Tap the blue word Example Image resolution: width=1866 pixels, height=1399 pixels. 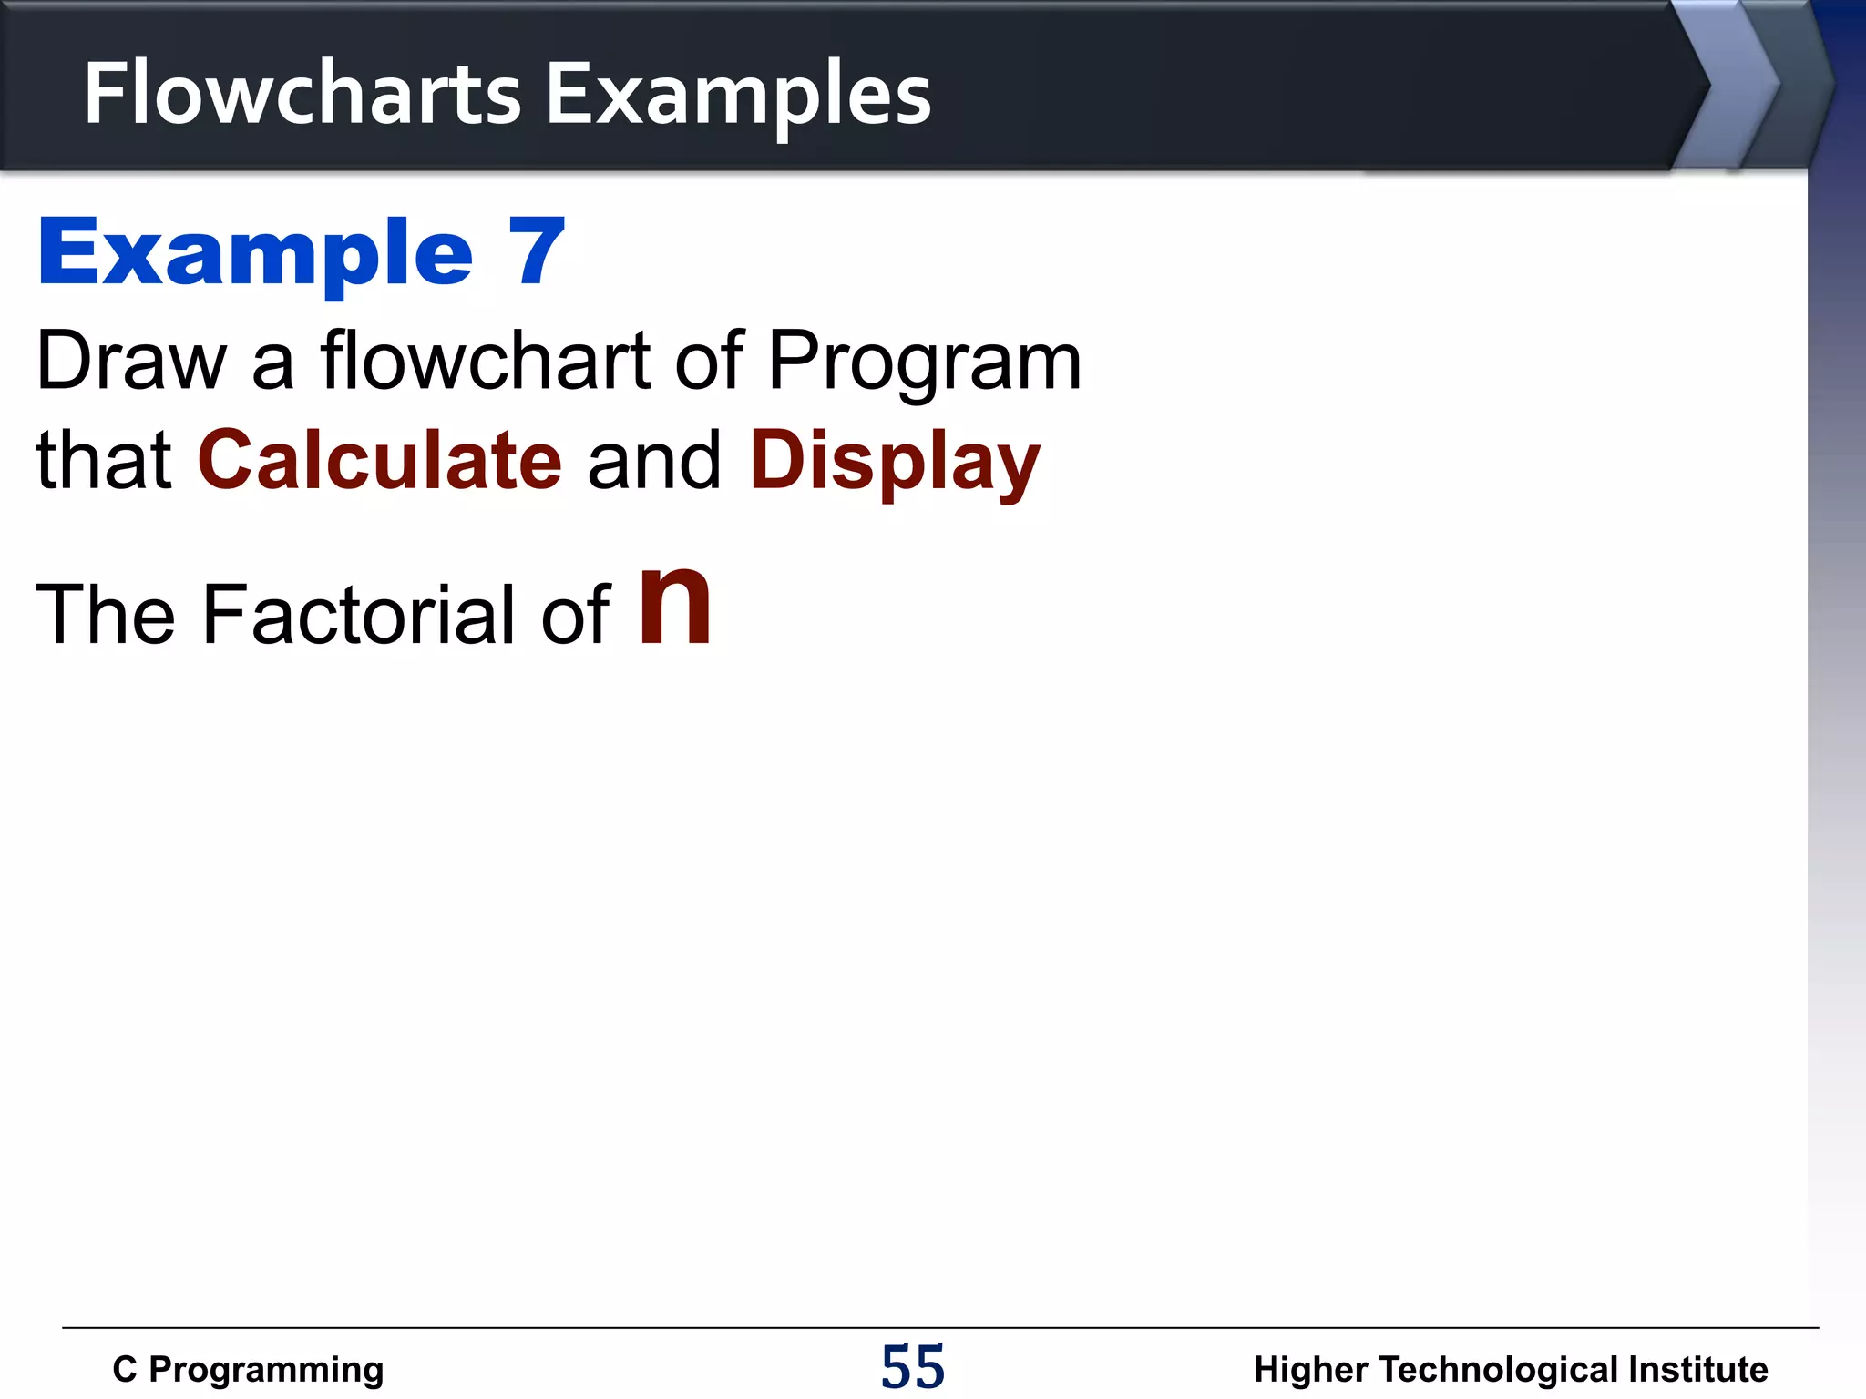click(255, 254)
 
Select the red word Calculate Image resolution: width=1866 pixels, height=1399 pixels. click(380, 460)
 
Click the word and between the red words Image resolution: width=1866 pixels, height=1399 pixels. click(655, 461)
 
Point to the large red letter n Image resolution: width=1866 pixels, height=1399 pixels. click(674, 606)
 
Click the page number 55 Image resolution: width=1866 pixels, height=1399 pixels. click(913, 1367)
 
